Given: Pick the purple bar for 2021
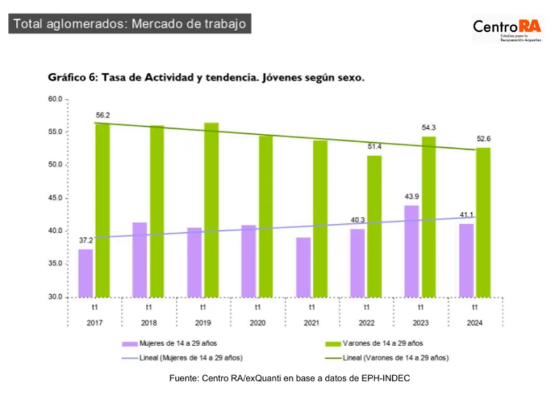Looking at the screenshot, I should click(304, 267).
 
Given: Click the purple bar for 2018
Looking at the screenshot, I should click(139, 259).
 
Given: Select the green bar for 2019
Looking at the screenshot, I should click(211, 210).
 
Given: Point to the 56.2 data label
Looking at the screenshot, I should click(103, 115).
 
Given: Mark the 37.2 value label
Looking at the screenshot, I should click(85, 240).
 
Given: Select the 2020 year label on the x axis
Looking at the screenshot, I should click(257, 323).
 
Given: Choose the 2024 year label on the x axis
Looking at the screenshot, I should click(474, 323).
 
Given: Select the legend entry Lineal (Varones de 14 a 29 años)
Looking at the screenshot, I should click(395, 357).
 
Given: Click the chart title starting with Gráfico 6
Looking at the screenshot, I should click(206, 78).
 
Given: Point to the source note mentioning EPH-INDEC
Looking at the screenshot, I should click(289, 378).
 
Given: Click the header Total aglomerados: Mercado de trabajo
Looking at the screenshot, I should click(129, 24).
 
